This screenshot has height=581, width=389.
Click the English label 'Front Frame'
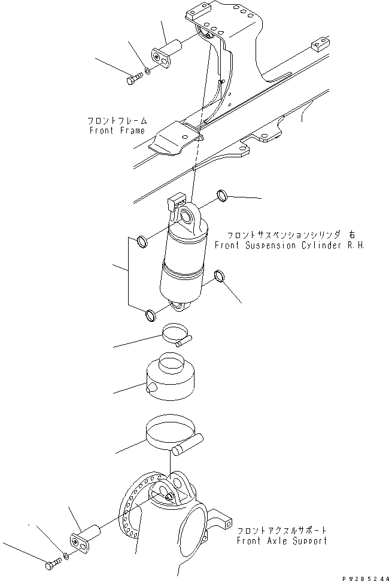point(117,130)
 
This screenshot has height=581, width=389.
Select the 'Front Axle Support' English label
point(281,541)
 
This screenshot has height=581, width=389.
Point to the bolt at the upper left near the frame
point(133,78)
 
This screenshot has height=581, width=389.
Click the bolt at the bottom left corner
point(51,562)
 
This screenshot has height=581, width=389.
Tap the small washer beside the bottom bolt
point(66,556)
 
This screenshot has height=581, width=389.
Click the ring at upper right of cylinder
point(222,194)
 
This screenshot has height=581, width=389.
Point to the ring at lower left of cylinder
point(150,314)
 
